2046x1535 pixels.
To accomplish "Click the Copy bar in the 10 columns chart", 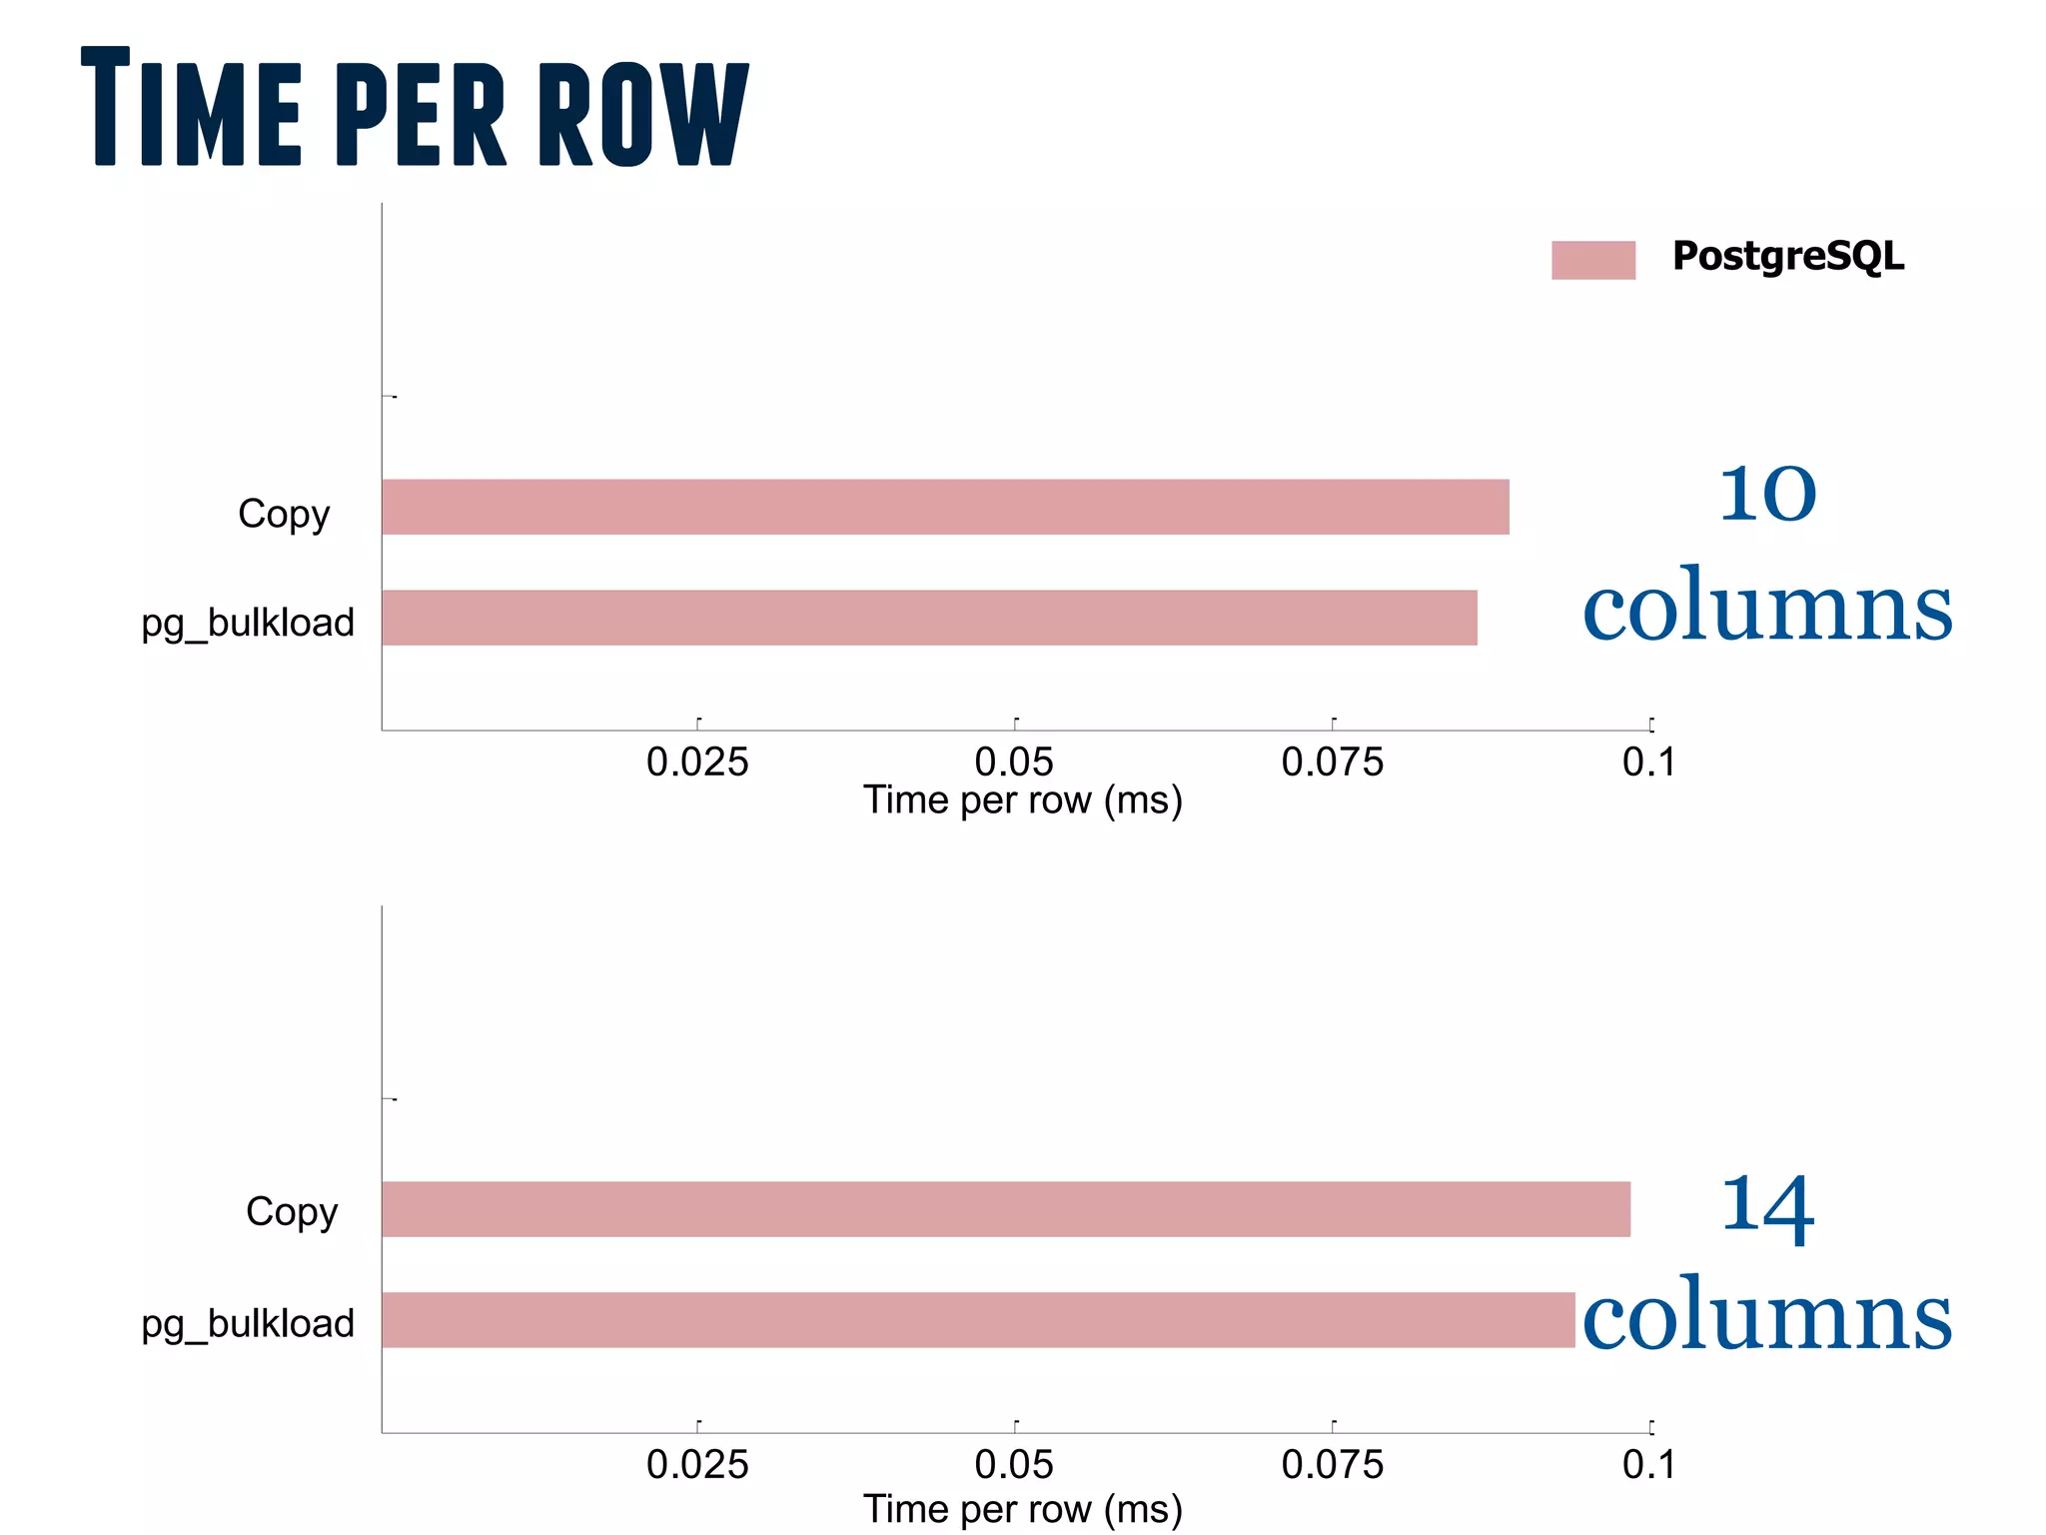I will click(x=945, y=507).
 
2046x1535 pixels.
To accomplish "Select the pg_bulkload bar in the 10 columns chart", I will click(x=929, y=618).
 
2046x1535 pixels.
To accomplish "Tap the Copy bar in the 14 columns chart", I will click(x=1006, y=1209).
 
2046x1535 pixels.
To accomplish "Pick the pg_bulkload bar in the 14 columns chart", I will click(x=978, y=1319).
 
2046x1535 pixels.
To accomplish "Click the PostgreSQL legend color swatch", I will click(x=1592, y=260).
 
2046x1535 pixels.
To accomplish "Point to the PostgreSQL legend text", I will click(x=1788, y=257).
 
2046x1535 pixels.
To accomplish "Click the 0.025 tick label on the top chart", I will click(x=697, y=763).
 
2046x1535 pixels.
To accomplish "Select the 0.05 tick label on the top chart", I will click(x=1014, y=763).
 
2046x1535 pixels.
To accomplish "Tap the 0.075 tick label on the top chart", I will click(x=1333, y=763).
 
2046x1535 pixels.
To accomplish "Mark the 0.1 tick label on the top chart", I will click(x=1648, y=763).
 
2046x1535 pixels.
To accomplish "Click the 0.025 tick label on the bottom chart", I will click(x=697, y=1465).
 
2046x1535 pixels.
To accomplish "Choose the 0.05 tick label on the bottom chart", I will click(x=1014, y=1465).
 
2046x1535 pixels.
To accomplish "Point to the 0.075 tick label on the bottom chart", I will click(x=1333, y=1465).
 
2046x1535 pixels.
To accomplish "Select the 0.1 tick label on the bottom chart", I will click(x=1648, y=1465).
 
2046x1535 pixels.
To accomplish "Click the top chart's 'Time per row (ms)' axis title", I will click(x=1023, y=800).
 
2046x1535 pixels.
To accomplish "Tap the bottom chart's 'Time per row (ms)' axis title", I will click(x=1023, y=1509).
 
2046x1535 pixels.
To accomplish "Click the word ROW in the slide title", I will click(x=643, y=113).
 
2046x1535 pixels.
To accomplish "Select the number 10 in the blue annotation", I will click(x=1767, y=494).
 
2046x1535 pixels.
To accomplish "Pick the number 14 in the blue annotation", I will click(x=1767, y=1209).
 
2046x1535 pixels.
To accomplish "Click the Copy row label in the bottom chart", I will click(x=292, y=1212).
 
